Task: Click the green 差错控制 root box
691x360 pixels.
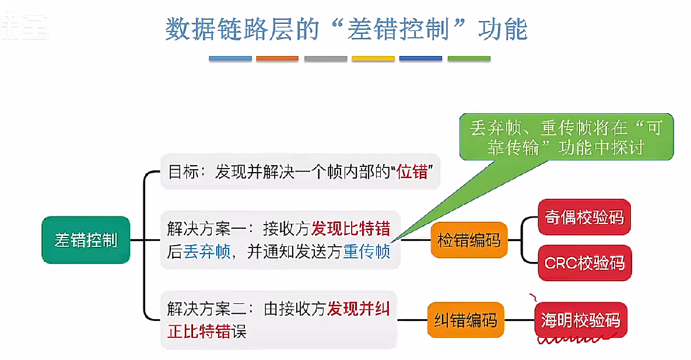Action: click(86, 240)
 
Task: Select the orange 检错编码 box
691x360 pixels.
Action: click(469, 240)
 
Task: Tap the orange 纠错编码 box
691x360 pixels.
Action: click(465, 320)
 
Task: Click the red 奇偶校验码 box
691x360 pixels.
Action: click(584, 217)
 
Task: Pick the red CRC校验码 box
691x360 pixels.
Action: click(584, 263)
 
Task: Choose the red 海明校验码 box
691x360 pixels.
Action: click(580, 320)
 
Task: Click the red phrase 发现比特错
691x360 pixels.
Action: click(350, 228)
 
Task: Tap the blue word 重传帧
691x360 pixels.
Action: click(366, 252)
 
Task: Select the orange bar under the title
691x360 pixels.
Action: click(277, 59)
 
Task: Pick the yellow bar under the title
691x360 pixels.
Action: click(373, 59)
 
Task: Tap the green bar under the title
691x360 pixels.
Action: click(469, 59)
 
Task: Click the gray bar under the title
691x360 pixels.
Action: click(325, 59)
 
